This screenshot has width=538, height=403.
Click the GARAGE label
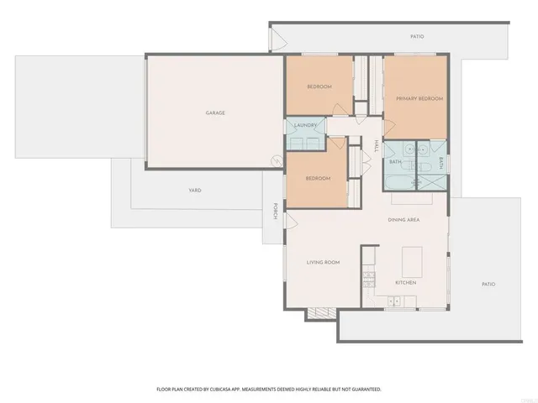pyautogui.click(x=215, y=113)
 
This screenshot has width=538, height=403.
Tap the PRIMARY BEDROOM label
pyautogui.click(x=419, y=98)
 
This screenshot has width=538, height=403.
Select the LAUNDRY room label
pyautogui.click(x=305, y=126)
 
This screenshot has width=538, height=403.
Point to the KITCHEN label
pyautogui.click(x=406, y=282)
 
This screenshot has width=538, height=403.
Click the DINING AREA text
pyautogui.click(x=403, y=220)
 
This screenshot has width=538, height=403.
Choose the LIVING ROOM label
pyautogui.click(x=322, y=263)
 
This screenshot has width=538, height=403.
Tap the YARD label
pyautogui.click(x=194, y=191)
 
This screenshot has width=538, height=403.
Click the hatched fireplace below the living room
pyautogui.click(x=320, y=314)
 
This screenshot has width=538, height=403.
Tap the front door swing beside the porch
pyautogui.click(x=291, y=220)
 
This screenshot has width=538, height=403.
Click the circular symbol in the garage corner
pyautogui.click(x=274, y=161)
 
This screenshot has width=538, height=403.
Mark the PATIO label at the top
pyautogui.click(x=417, y=37)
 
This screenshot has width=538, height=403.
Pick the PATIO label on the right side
pyautogui.click(x=488, y=284)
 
